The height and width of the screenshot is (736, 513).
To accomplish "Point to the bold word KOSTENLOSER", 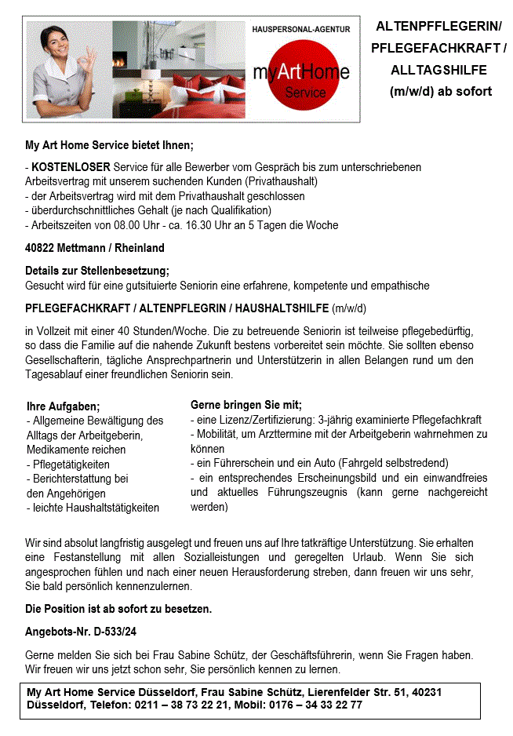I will [x=71, y=167].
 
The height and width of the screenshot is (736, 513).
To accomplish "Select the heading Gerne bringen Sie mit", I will [x=246, y=405].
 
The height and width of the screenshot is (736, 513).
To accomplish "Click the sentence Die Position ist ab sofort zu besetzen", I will [x=118, y=609].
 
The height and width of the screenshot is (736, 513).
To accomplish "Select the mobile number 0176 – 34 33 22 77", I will [x=315, y=705].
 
